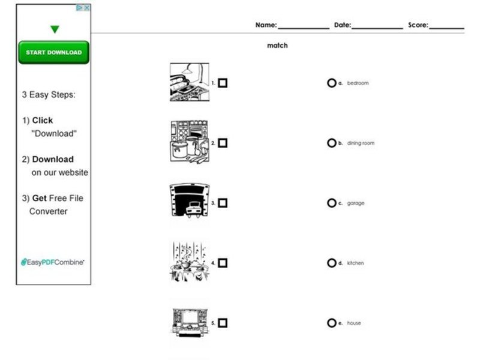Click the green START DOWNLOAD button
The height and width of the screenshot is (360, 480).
click(x=53, y=52)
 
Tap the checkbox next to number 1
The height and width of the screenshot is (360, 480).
click(x=223, y=83)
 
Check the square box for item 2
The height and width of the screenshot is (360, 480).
click(x=223, y=143)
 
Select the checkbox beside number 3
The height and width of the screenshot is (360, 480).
click(x=223, y=203)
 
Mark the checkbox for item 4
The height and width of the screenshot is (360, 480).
click(x=223, y=263)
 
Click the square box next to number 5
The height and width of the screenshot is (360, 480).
click(x=223, y=323)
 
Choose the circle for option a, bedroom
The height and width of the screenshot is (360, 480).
click(x=331, y=83)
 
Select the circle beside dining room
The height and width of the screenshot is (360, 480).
click(x=331, y=143)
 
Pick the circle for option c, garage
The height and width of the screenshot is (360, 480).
click(x=331, y=203)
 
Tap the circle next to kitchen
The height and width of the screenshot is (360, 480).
click(x=331, y=263)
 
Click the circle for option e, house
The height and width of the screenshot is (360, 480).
click(x=331, y=323)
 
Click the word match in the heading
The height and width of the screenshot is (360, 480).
click(x=277, y=46)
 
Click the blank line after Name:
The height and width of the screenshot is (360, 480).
click(x=303, y=26)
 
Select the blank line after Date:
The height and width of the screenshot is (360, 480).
click(x=377, y=26)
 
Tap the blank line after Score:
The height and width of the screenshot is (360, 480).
click(x=446, y=26)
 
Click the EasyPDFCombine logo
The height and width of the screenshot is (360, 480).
click(x=53, y=262)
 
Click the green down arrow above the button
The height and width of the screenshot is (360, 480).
click(x=55, y=29)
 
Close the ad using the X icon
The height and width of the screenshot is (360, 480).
click(x=86, y=8)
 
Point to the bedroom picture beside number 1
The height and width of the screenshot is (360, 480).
click(x=189, y=82)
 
